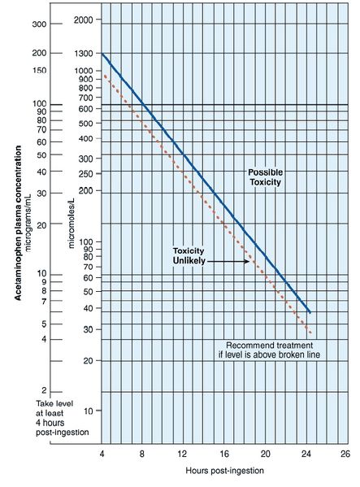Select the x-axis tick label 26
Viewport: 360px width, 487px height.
(345, 452)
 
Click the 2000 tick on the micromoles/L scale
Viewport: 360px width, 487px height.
(82, 18)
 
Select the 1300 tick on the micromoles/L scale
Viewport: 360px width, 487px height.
(82, 53)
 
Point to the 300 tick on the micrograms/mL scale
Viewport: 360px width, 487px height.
(37, 24)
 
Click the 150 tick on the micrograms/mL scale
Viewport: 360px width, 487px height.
(37, 71)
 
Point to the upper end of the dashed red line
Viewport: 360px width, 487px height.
(104, 76)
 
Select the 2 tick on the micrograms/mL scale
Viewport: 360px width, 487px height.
(44, 390)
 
